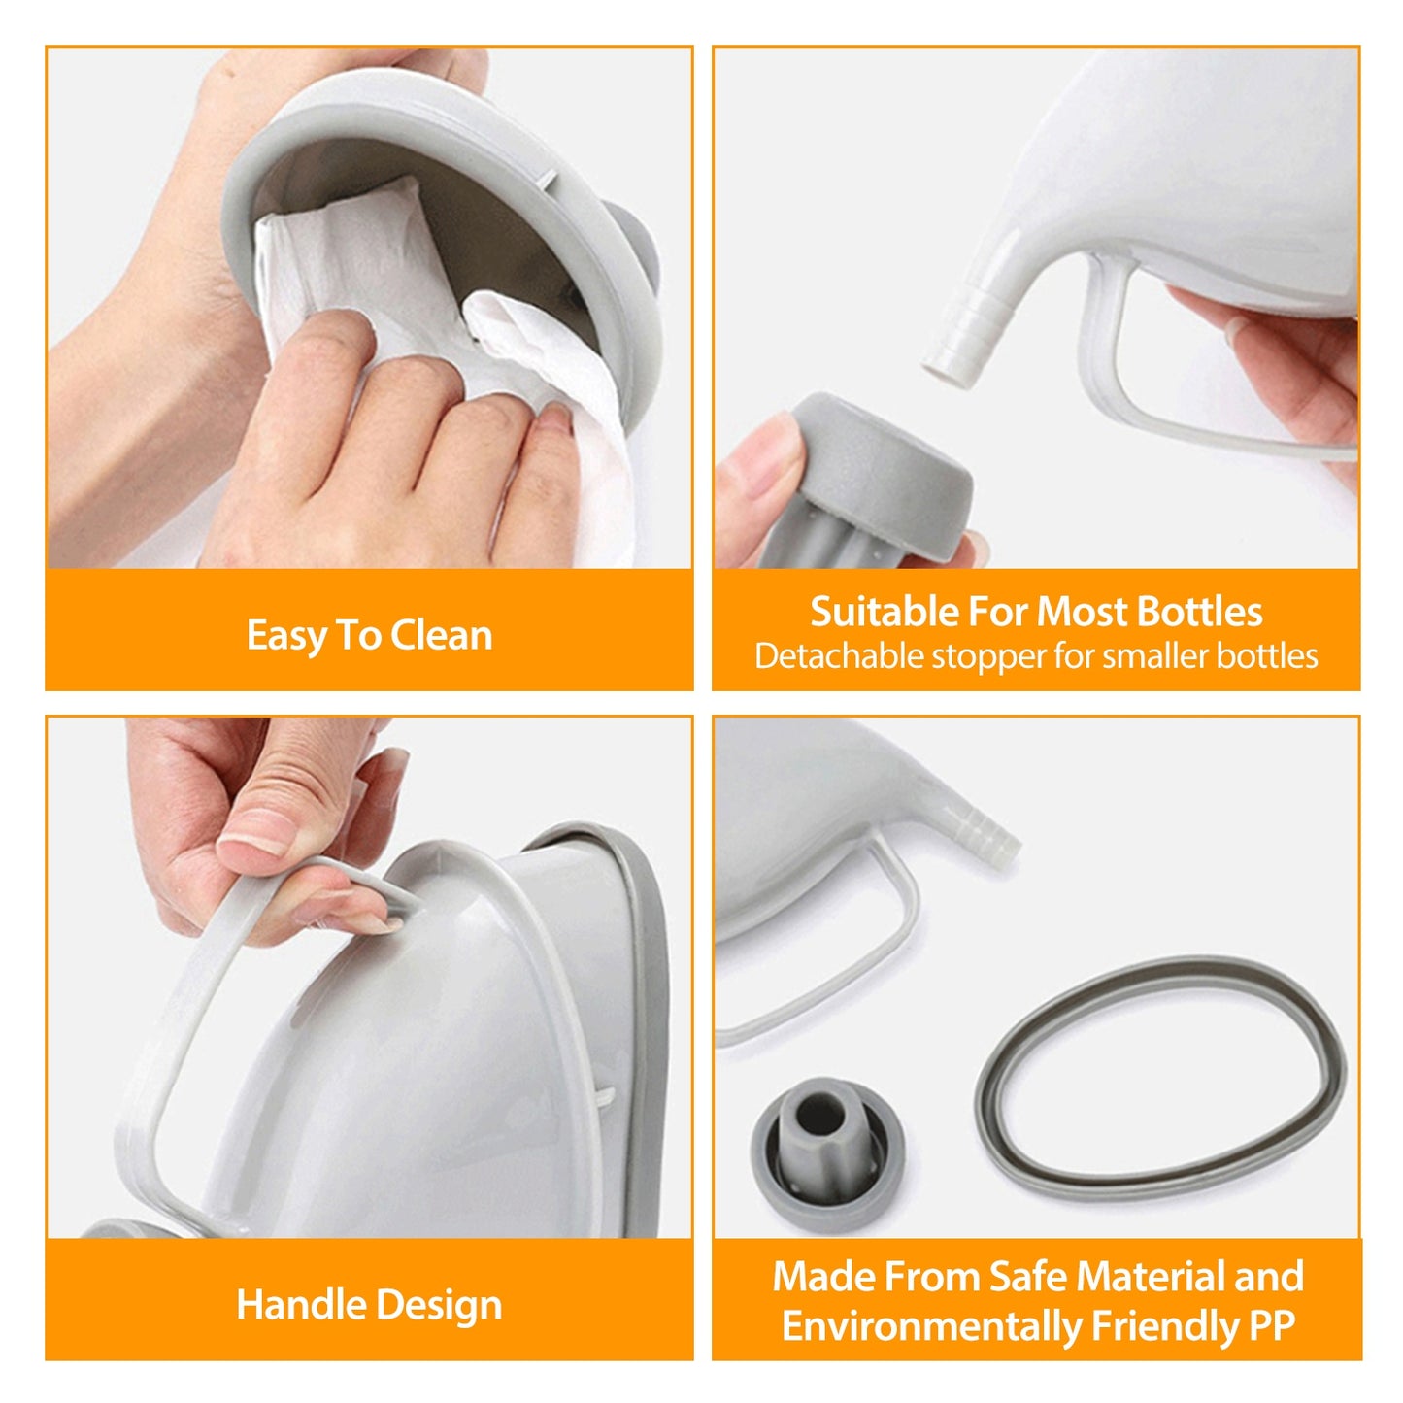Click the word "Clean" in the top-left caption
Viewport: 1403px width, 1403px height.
pos(442,636)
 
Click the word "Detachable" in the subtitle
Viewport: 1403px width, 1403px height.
pos(839,657)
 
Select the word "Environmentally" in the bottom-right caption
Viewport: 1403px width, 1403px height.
pos(931,1326)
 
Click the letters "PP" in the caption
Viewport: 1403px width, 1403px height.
pos(1271,1326)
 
